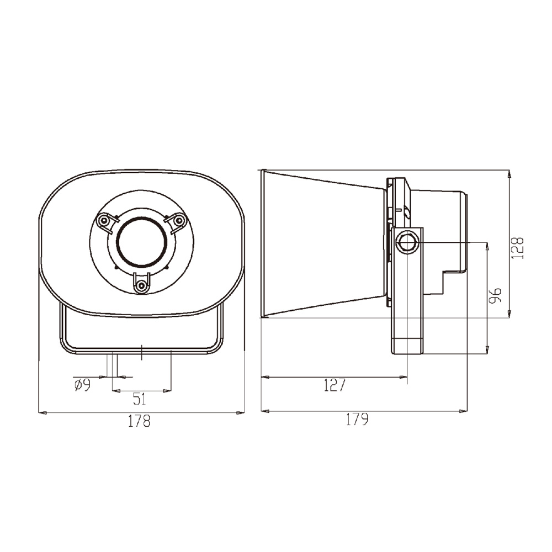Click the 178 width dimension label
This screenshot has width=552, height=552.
(x=139, y=422)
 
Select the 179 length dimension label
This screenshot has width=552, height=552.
(x=357, y=420)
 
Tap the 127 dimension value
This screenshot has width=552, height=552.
(x=334, y=385)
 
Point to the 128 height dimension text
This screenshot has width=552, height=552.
(x=517, y=248)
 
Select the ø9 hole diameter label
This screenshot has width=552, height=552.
(x=82, y=385)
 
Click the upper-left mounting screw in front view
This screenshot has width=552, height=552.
(x=103, y=221)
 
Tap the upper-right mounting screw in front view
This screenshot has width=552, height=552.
(x=178, y=220)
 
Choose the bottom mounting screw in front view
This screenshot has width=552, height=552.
(x=142, y=285)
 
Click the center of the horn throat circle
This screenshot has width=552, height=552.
(x=141, y=243)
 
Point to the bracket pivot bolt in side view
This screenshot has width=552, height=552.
(x=407, y=242)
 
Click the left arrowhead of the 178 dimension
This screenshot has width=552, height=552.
(x=41, y=412)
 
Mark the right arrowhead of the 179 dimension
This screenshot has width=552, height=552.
(x=464, y=411)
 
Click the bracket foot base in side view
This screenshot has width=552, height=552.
(x=407, y=346)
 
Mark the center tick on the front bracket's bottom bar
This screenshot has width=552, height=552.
(x=142, y=352)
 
